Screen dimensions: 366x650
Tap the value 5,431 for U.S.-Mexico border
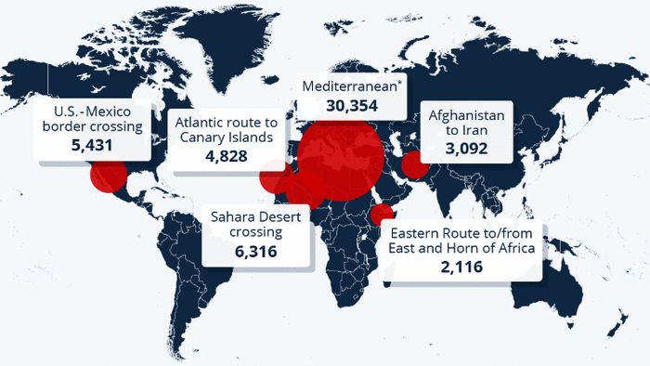(x=90, y=146)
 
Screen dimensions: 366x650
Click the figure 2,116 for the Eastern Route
(x=461, y=267)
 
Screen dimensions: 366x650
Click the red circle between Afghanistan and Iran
(x=414, y=166)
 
